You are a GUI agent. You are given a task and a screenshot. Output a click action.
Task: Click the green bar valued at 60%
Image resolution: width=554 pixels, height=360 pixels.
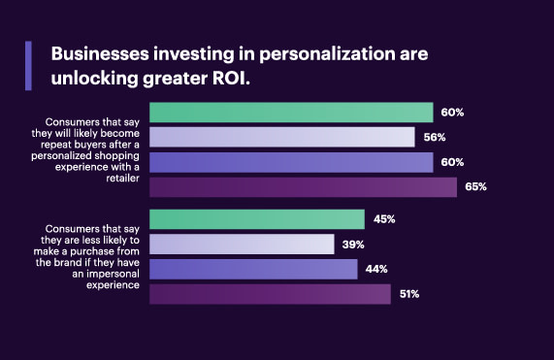tap(291, 112)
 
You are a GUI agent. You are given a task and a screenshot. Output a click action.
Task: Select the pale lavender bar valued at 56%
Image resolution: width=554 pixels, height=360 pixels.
tap(282, 137)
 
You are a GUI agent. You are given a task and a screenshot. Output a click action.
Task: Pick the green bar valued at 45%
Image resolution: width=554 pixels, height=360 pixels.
tap(257, 219)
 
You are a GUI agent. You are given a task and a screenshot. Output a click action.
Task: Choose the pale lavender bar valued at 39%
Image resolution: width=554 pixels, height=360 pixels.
tap(242, 244)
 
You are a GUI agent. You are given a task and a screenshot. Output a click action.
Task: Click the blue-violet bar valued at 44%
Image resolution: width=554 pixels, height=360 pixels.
tap(254, 269)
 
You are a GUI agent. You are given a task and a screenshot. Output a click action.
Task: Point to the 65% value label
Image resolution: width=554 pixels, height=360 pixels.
tap(474, 186)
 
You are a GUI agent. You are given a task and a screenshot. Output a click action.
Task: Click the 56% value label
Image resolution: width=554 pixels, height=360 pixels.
tap(433, 137)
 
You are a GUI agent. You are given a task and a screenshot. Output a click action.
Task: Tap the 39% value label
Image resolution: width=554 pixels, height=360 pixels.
tap(352, 244)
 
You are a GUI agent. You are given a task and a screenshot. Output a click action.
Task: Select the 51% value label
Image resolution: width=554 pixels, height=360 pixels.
tap(407, 293)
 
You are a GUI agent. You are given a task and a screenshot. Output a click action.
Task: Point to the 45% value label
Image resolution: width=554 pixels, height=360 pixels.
tap(383, 219)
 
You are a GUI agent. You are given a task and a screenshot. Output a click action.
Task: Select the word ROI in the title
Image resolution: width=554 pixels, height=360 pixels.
tap(230, 79)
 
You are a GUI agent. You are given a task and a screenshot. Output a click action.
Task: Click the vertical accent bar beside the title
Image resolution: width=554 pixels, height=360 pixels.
tap(28, 65)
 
